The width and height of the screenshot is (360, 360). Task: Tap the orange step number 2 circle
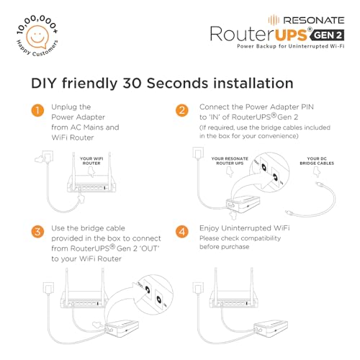(183, 111)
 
